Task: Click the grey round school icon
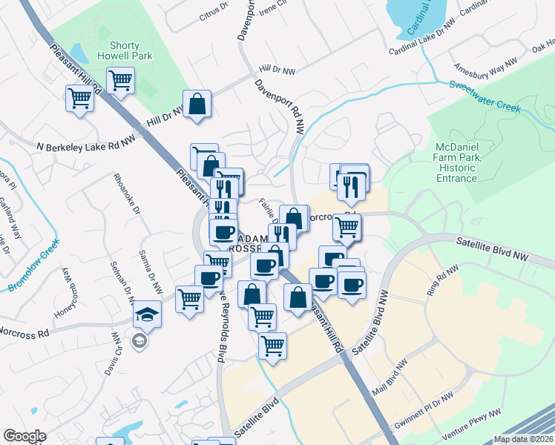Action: (138, 341)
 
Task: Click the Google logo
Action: (24, 436)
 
